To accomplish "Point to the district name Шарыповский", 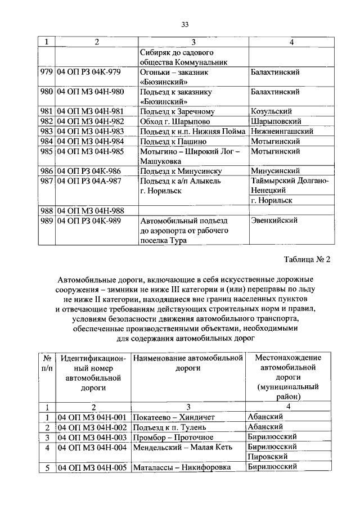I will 276,121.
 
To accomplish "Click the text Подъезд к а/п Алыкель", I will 181,181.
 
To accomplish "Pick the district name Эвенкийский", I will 275,220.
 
